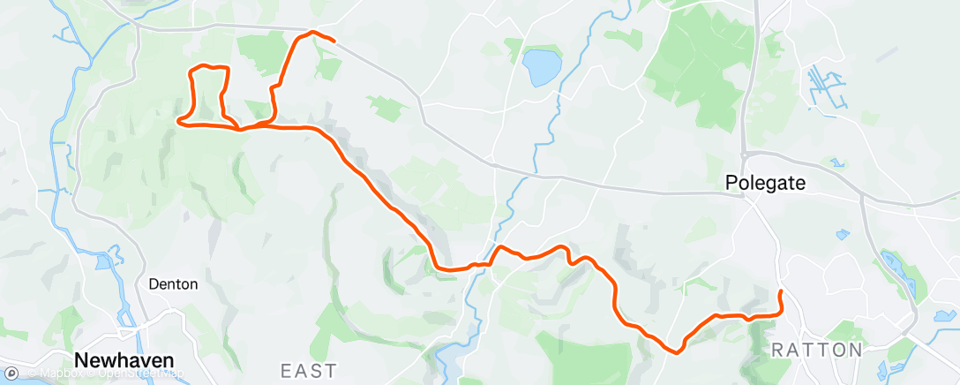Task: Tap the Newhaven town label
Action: (x=124, y=360)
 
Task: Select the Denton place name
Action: (x=174, y=284)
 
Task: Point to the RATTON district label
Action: (x=817, y=350)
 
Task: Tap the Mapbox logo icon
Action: (x=11, y=373)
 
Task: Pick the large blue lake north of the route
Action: (x=541, y=67)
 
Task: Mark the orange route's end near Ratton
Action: (x=781, y=291)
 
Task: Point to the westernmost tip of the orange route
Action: (x=179, y=120)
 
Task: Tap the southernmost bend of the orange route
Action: (x=675, y=351)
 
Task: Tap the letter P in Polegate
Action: (x=731, y=182)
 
